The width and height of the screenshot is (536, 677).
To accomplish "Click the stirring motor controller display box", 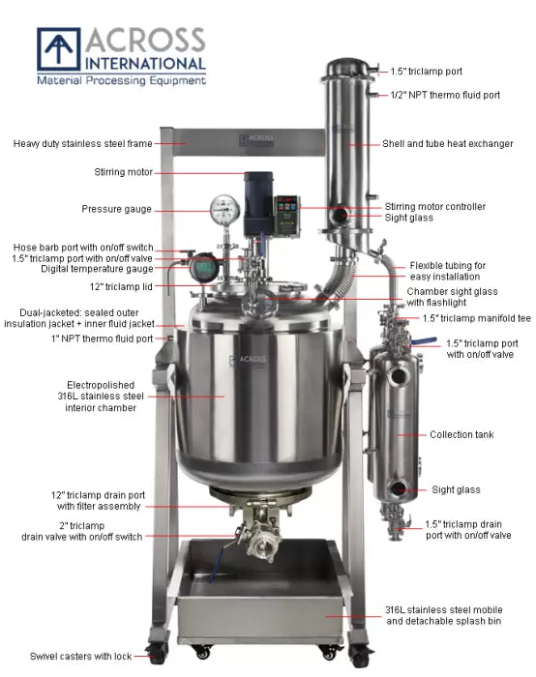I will [x=287, y=208].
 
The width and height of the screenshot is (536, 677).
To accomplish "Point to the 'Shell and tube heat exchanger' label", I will [x=448, y=144].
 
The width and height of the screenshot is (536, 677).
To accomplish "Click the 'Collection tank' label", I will [x=462, y=435].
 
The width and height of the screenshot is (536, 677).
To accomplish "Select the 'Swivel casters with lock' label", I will [x=76, y=657].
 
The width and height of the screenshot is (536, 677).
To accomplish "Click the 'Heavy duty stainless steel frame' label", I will [x=82, y=144].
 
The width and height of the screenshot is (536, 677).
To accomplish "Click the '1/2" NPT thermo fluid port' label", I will [x=444, y=95].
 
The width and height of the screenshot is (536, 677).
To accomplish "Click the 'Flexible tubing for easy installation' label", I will [x=447, y=271].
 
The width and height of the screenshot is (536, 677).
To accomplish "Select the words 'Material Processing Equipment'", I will [x=121, y=80].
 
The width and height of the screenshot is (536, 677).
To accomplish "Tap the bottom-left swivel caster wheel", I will [x=154, y=653].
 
